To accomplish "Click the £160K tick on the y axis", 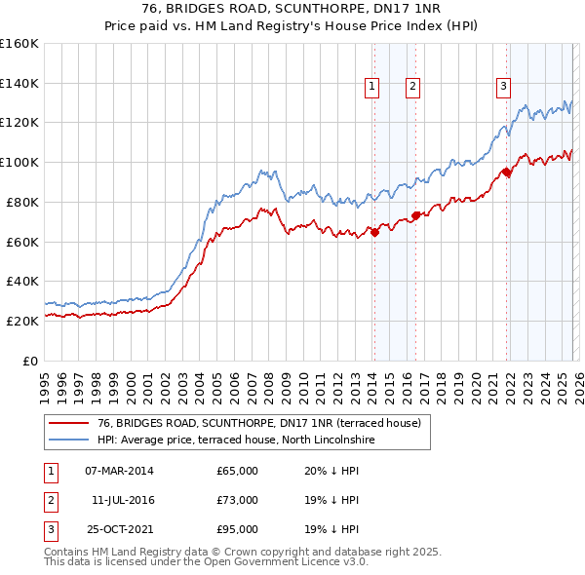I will (x=19, y=44).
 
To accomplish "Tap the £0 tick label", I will (x=31, y=361).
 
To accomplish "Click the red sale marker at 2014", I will (x=374, y=231).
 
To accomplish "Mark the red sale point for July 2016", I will (x=415, y=215).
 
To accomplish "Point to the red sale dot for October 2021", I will (x=507, y=172).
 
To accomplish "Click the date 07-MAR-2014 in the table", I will (x=119, y=471).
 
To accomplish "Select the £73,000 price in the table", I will (x=237, y=500).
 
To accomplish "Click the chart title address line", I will (x=292, y=11).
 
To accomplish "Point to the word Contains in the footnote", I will (x=68, y=552).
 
